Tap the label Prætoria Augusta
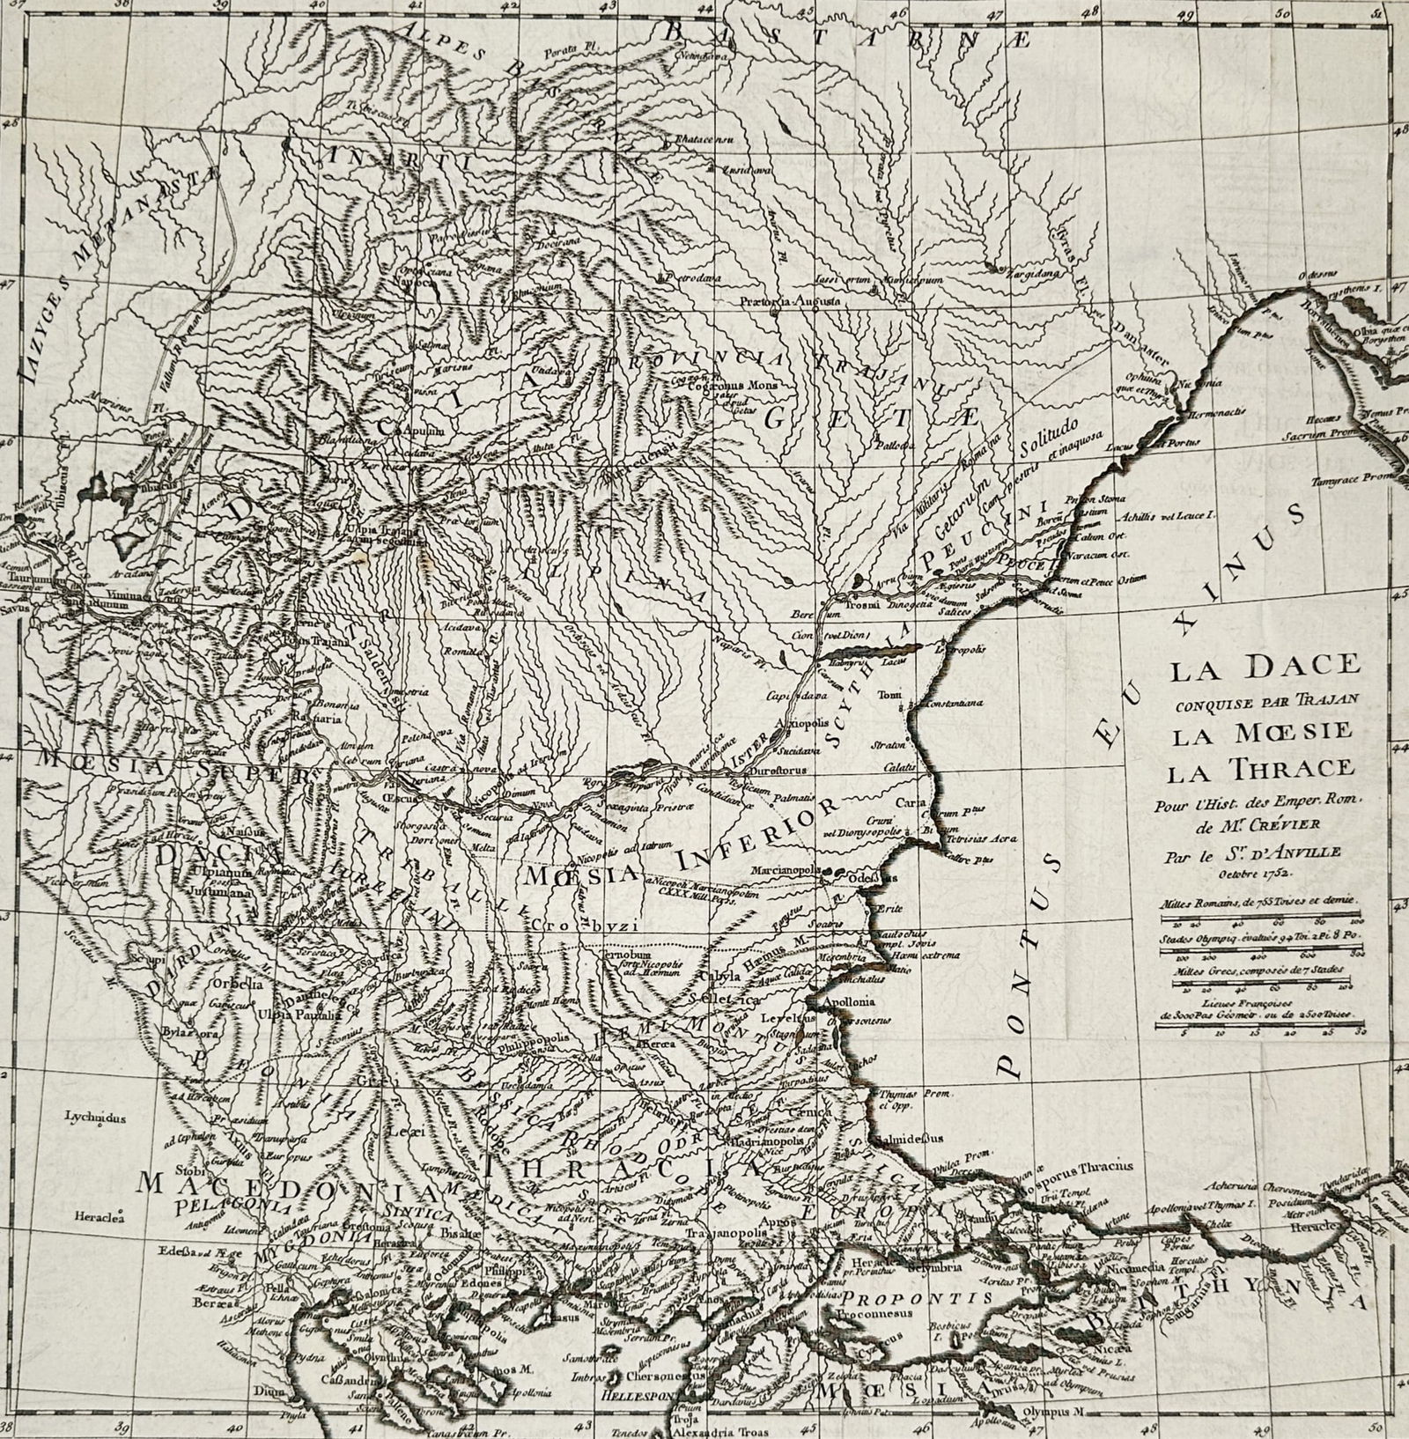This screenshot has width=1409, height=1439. pos(791,300)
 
